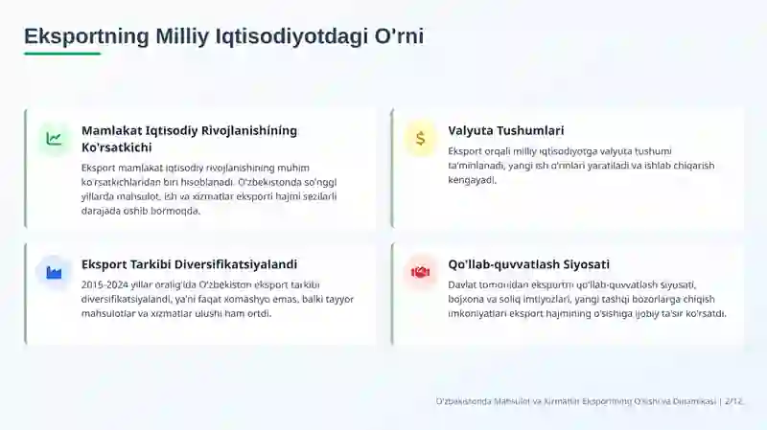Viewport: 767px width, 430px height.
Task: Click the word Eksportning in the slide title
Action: [86, 36]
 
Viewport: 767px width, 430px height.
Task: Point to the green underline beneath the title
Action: [62, 54]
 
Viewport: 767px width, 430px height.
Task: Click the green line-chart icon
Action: [54, 139]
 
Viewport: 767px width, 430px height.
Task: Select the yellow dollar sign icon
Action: [420, 139]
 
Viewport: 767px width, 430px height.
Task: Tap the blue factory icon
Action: [54, 272]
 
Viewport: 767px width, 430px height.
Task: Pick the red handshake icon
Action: [420, 272]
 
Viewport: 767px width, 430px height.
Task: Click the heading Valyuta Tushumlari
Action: [506, 130]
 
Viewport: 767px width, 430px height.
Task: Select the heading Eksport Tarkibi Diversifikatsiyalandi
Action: [189, 264]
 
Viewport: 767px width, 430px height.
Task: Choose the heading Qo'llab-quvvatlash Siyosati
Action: [529, 264]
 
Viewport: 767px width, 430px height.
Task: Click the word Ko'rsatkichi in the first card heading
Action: [116, 147]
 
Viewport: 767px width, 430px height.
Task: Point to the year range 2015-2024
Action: [105, 284]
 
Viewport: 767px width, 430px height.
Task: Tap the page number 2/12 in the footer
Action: [733, 401]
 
